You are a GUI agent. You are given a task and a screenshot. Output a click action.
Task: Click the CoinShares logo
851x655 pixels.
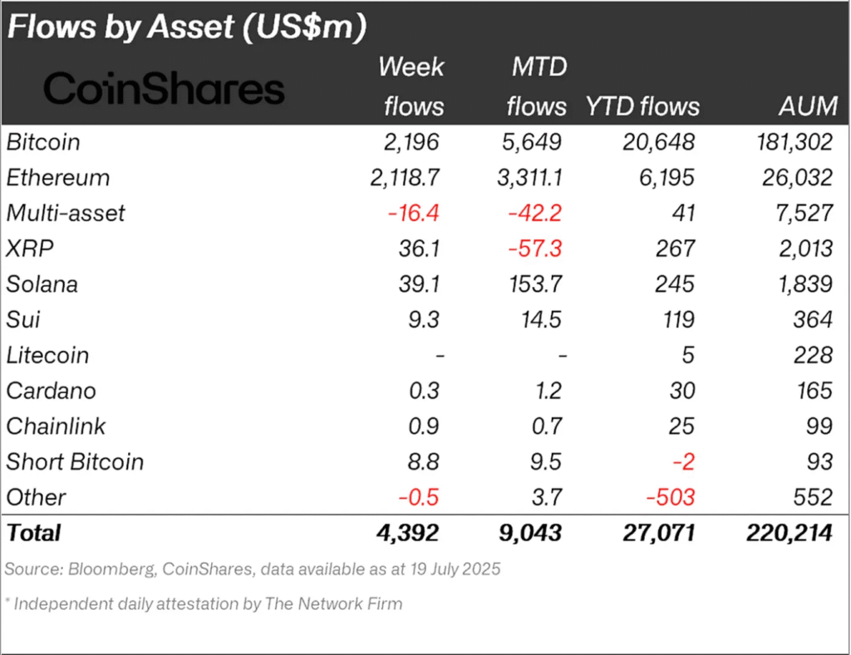tap(164, 89)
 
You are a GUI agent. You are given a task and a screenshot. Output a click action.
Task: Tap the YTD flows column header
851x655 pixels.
tap(642, 106)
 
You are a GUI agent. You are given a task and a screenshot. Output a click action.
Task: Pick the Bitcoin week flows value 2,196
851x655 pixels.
tap(410, 142)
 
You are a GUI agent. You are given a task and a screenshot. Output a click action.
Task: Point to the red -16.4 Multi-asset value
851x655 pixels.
tap(412, 214)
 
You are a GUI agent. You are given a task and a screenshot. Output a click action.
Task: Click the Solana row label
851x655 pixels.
tap(42, 284)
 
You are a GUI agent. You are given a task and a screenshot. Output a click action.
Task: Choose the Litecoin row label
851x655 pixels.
tap(47, 356)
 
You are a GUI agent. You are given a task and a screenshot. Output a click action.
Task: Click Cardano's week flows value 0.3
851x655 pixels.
tap(423, 392)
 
